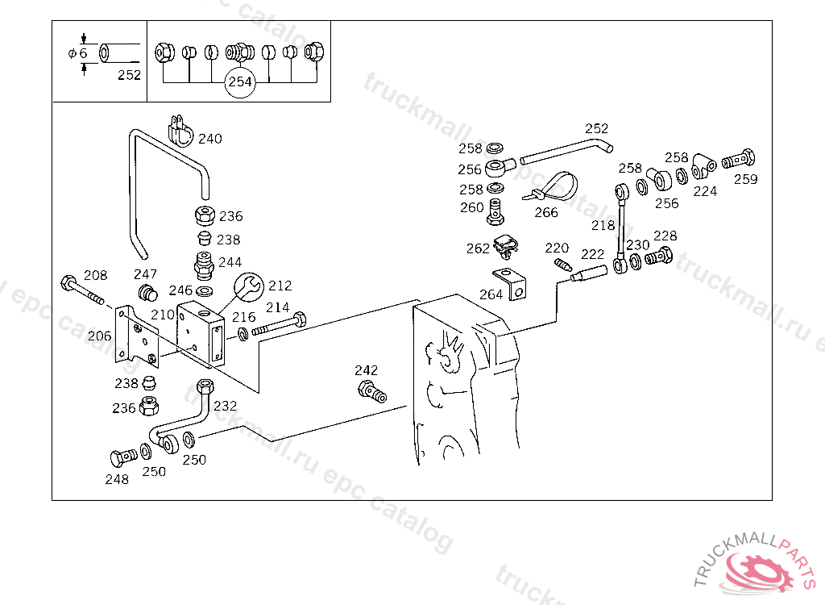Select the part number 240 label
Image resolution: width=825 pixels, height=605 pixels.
tap(209, 139)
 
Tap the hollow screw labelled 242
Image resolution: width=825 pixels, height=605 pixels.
tap(371, 393)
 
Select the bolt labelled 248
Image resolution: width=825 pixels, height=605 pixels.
tap(122, 458)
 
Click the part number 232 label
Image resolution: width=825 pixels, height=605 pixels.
tap(226, 406)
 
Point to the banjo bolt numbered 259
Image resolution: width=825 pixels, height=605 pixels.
tap(737, 160)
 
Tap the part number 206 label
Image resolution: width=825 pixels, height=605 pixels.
tap(100, 336)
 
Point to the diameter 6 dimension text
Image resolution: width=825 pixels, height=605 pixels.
tap(78, 53)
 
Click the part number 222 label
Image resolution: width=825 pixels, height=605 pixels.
tap(592, 254)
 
